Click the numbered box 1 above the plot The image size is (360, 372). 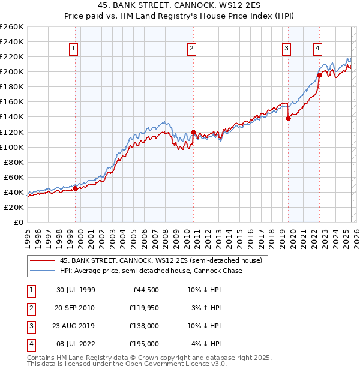click(73, 49)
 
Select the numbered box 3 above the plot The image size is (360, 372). click(287, 49)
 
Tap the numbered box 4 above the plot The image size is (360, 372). click(317, 49)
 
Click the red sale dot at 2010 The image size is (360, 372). click(193, 132)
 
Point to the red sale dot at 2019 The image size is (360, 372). click(288, 118)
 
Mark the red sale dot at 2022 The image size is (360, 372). click(319, 75)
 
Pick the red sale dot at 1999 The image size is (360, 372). click(76, 188)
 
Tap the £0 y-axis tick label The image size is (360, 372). click(19, 222)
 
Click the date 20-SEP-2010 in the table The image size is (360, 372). click(75, 308)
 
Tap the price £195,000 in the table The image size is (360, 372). click(145, 344)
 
